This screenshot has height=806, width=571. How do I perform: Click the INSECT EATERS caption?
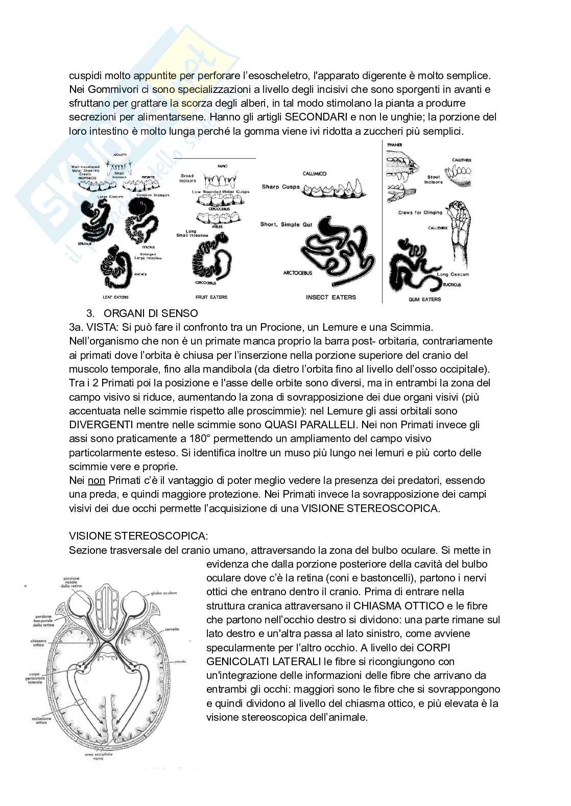pyautogui.click(x=330, y=297)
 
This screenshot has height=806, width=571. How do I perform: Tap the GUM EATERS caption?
pyautogui.click(x=424, y=299)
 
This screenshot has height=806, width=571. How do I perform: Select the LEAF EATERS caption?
pyautogui.click(x=115, y=297)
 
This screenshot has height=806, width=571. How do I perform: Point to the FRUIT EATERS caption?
pyautogui.click(x=211, y=297)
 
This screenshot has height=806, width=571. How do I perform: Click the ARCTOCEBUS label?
pyautogui.click(x=298, y=273)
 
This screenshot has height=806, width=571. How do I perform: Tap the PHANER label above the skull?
pyautogui.click(x=395, y=145)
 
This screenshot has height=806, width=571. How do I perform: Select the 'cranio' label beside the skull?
pyautogui.click(x=180, y=661)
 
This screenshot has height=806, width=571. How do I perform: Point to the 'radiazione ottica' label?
pyautogui.click(x=40, y=720)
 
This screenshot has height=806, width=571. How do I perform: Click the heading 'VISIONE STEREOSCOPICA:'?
pyautogui.click(x=138, y=536)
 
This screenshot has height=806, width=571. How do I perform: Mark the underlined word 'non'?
pyautogui.click(x=96, y=480)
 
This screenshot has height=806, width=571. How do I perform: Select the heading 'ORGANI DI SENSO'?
pyautogui.click(x=150, y=313)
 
